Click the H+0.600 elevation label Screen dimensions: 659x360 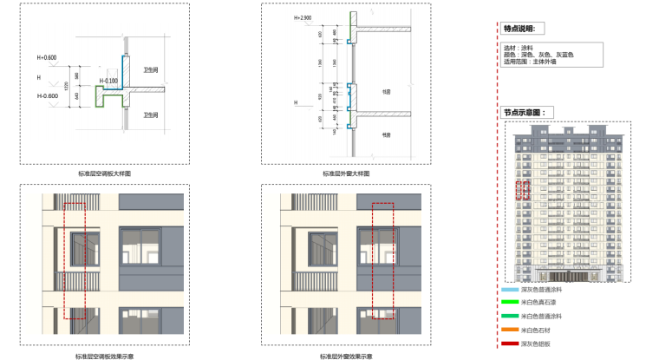point(46,58)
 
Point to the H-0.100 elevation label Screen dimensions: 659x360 point(108,80)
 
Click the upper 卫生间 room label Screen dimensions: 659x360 point(150,70)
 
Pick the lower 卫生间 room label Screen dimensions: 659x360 point(150,115)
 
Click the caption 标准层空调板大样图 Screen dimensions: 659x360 point(104,174)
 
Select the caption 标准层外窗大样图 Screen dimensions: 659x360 point(347,174)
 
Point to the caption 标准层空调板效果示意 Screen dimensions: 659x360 point(104,356)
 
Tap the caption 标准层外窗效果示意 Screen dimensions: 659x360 point(347,356)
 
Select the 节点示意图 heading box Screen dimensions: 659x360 point(523,112)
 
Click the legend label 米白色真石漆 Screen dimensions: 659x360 point(540,304)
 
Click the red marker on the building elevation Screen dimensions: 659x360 point(523,190)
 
